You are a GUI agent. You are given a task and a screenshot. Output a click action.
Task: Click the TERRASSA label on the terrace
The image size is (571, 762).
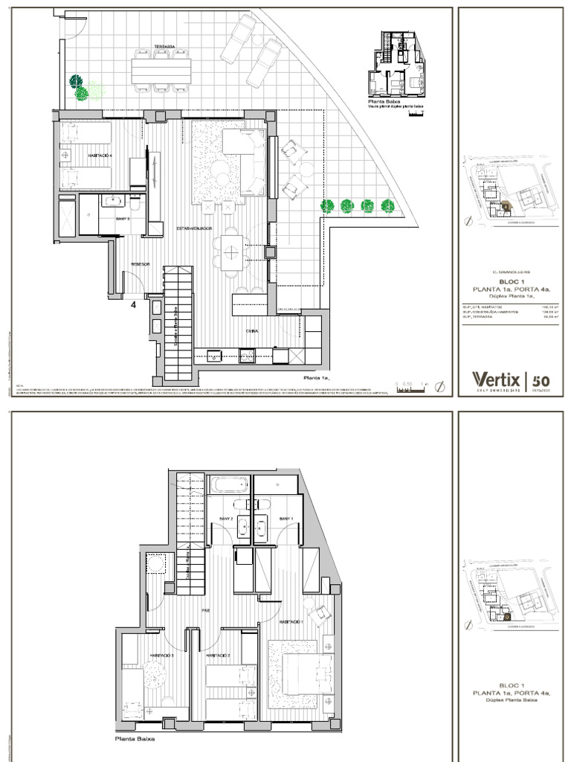tap(164, 47)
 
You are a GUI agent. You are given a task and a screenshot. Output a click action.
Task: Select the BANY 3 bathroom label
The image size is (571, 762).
tap(123, 220)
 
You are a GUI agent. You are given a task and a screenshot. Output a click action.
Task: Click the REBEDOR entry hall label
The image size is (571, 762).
tap(141, 264)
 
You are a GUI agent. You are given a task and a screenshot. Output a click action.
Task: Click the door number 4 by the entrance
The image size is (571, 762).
tap(134, 304)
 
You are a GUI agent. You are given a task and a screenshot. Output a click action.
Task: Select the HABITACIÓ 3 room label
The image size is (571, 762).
tap(161, 656)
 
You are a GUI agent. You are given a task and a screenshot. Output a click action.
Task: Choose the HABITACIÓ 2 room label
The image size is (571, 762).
tap(216, 656)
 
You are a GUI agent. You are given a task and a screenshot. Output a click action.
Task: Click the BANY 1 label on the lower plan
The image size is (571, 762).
tap(286, 518)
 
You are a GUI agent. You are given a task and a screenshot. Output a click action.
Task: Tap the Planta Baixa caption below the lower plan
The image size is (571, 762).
tap(135, 740)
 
